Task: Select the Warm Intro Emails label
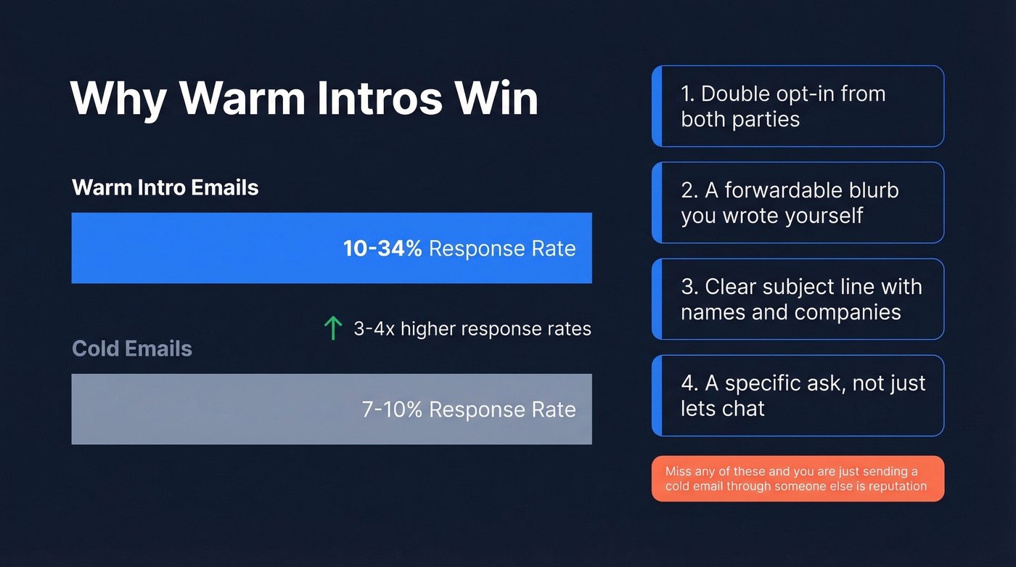click(x=165, y=187)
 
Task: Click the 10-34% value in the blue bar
click(x=382, y=249)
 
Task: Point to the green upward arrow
click(x=332, y=328)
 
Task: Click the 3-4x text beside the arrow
click(x=374, y=329)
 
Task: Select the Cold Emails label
click(x=132, y=348)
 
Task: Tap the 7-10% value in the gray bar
click(x=392, y=409)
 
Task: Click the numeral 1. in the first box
click(x=687, y=94)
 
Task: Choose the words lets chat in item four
click(x=723, y=408)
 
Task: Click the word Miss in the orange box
click(x=678, y=471)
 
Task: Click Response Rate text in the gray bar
click(x=502, y=409)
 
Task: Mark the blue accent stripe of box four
click(x=657, y=396)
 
